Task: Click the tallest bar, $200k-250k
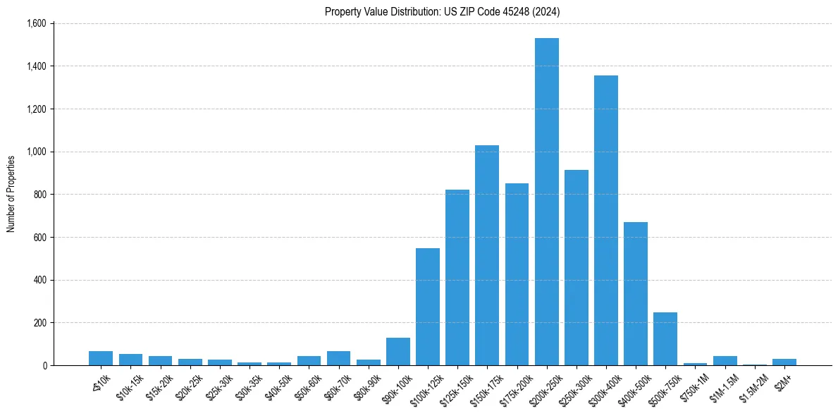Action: (546, 202)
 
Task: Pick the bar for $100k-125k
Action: (427, 307)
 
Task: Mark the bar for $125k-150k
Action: (457, 277)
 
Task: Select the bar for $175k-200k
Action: (517, 274)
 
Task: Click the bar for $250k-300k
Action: (576, 267)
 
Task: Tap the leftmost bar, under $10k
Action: (101, 358)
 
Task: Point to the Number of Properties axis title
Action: (11, 194)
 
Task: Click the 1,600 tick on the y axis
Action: (36, 23)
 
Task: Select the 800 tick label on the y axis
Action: (39, 195)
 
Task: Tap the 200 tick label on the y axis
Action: (39, 323)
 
